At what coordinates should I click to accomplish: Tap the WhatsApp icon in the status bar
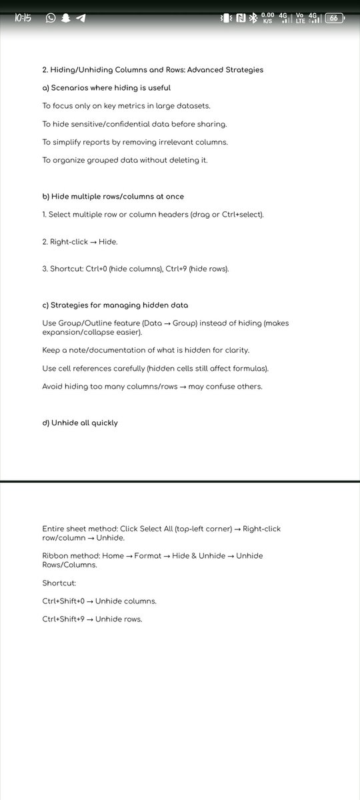click(51, 18)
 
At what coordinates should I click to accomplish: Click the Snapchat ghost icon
click(66, 18)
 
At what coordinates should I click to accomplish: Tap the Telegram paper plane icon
click(81, 18)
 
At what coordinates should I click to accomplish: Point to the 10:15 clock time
click(23, 18)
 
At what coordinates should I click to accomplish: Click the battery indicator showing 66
click(336, 18)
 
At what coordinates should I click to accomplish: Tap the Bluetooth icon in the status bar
click(253, 19)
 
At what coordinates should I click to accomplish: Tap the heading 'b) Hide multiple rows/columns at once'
click(113, 197)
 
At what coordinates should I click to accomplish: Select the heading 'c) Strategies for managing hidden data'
click(115, 305)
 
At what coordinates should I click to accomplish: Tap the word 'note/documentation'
click(103, 350)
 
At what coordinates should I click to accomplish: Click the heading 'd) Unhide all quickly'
click(80, 423)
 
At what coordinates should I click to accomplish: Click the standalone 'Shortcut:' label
click(59, 583)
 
